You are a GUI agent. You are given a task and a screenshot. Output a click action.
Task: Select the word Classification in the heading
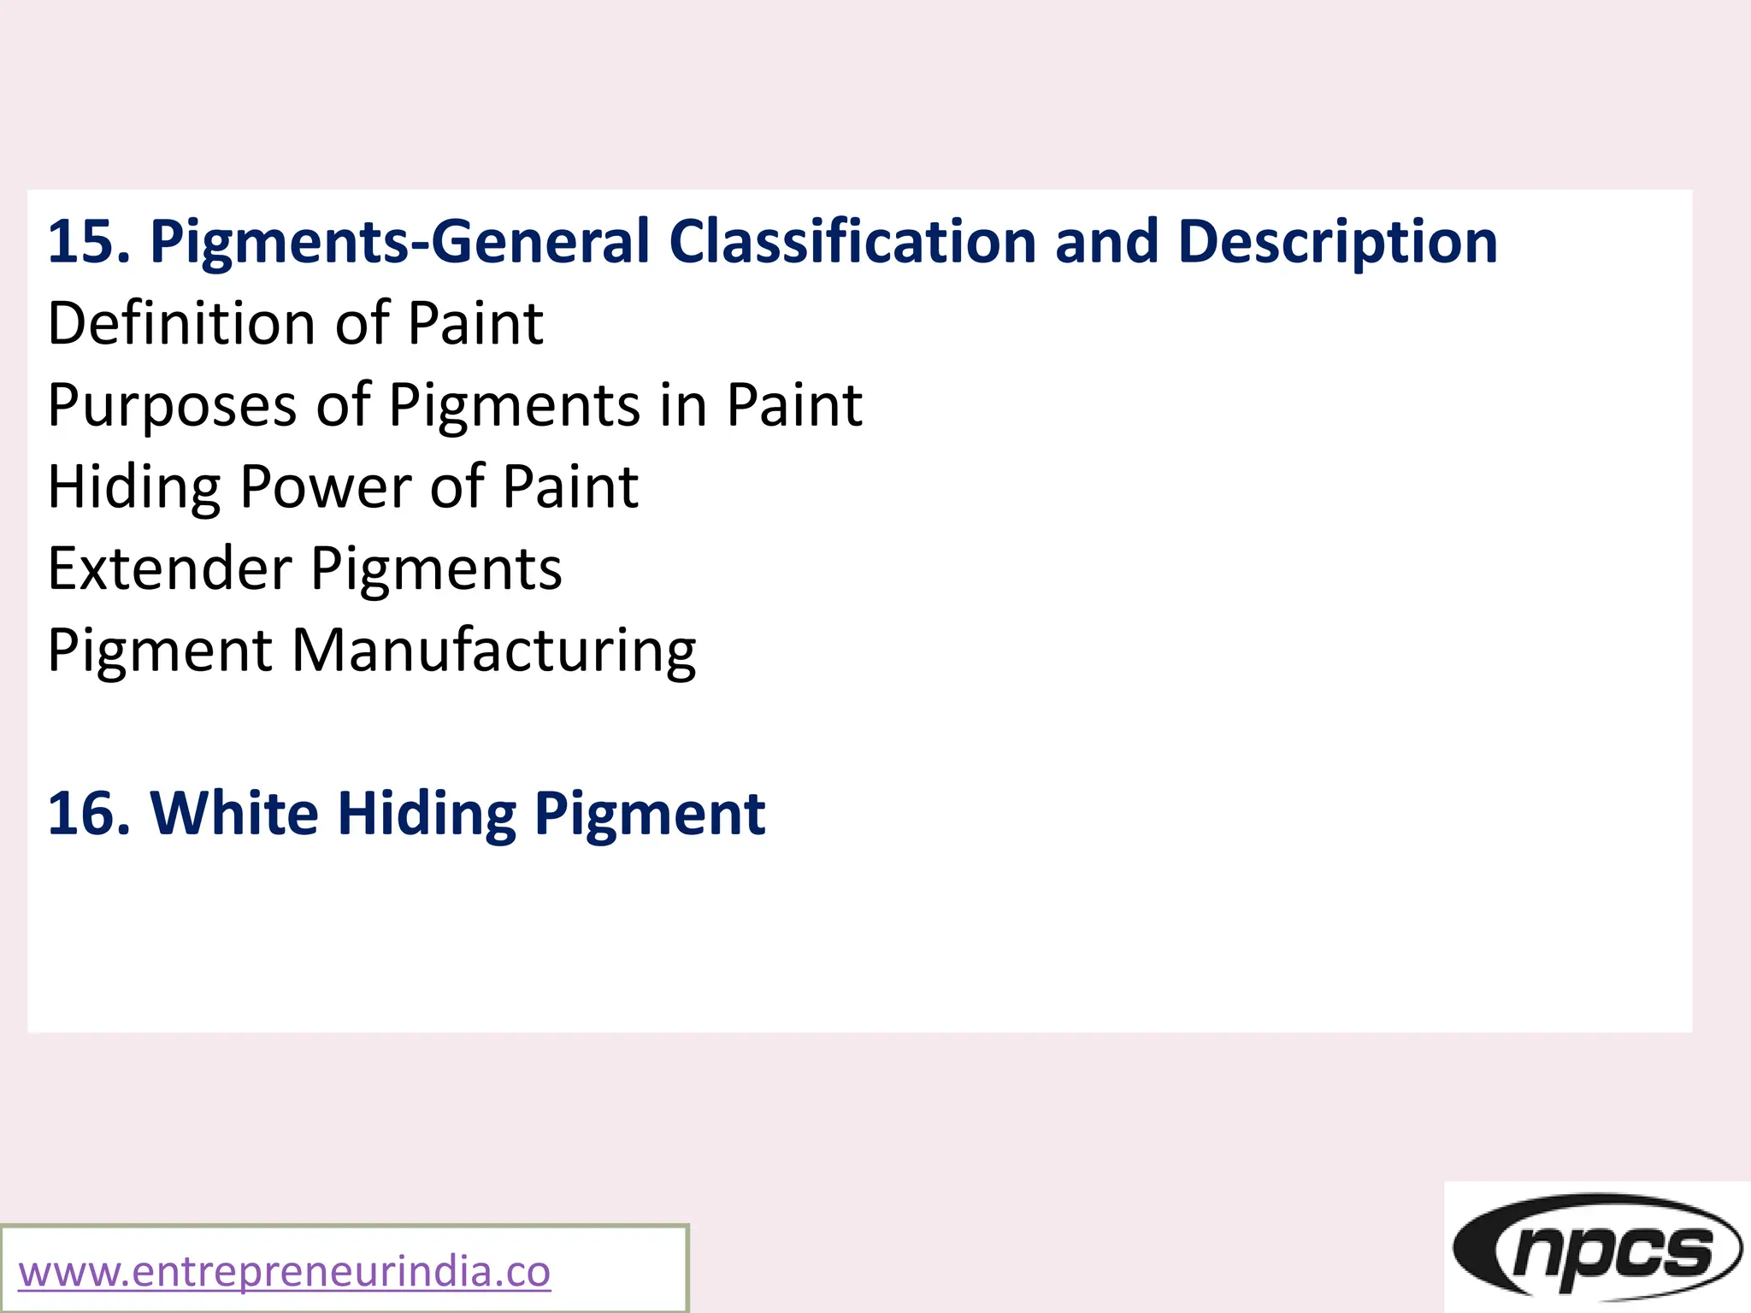pos(852,242)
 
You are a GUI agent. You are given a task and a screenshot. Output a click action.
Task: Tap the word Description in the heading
pos(1337,242)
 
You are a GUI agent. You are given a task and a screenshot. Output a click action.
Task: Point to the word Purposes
pos(172,405)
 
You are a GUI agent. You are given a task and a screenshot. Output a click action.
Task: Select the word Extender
pos(170,569)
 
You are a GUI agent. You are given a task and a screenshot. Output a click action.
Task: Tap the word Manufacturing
pos(494,651)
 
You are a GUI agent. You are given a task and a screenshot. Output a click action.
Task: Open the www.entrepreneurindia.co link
pos(285,1272)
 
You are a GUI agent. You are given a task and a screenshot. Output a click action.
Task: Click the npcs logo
pos(1596,1249)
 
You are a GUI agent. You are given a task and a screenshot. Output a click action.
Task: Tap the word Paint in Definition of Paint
pos(475,324)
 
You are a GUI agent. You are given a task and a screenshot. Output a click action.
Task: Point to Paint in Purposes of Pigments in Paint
pos(794,405)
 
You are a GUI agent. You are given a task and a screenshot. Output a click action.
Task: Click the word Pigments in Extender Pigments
pos(436,569)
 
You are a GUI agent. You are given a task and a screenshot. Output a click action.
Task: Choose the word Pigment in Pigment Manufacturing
pos(160,651)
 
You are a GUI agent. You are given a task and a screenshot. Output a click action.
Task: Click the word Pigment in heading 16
pos(650,814)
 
